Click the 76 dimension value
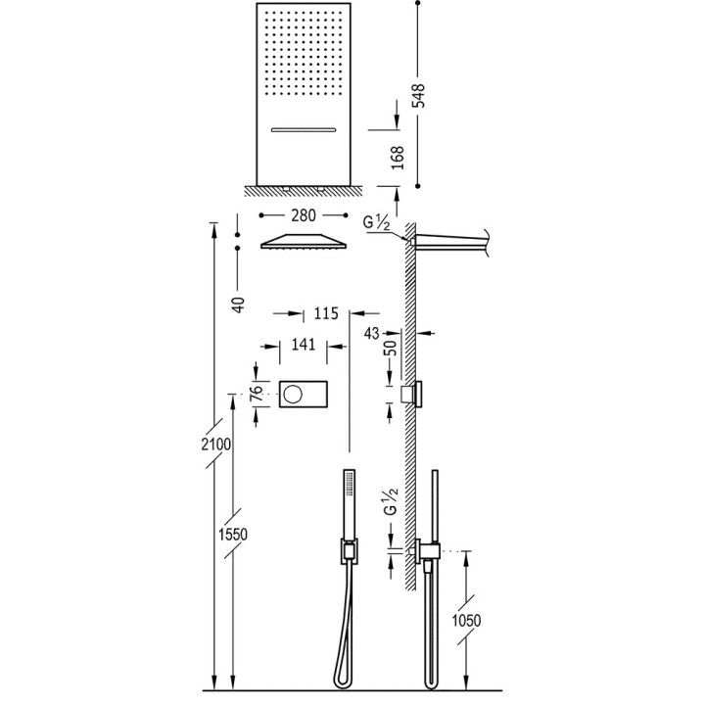coord(256,395)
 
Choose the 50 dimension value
coord(390,350)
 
